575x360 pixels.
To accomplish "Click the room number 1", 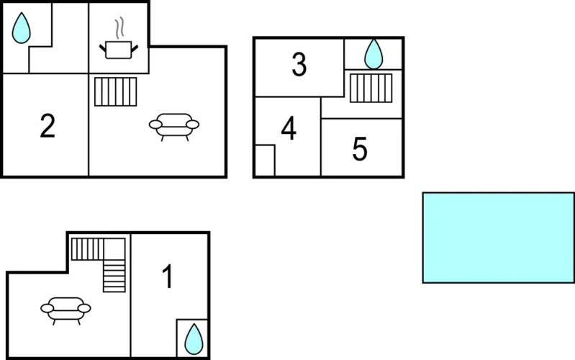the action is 168,276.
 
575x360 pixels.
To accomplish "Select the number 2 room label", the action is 47,126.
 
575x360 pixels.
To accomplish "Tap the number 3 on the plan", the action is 299,64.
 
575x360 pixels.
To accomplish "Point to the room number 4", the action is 289,128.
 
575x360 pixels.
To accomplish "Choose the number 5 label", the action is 360,148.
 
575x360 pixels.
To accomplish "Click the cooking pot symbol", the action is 119,50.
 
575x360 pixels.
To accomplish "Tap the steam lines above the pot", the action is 119,28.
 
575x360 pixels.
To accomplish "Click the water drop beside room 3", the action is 373,54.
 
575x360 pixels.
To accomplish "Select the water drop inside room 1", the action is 194,339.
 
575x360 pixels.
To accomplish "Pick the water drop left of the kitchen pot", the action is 22,28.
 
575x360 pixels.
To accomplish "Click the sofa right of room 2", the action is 174,127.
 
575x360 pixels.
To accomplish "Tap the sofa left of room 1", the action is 65,311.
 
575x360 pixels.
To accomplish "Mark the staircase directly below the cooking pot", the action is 116,91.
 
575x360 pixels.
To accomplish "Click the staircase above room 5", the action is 371,88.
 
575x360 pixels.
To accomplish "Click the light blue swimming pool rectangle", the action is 499,238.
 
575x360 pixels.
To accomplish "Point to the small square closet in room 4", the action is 265,161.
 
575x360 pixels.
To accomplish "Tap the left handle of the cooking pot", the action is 103,48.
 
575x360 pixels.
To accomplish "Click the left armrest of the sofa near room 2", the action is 155,125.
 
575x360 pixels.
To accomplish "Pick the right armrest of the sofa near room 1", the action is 84,308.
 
